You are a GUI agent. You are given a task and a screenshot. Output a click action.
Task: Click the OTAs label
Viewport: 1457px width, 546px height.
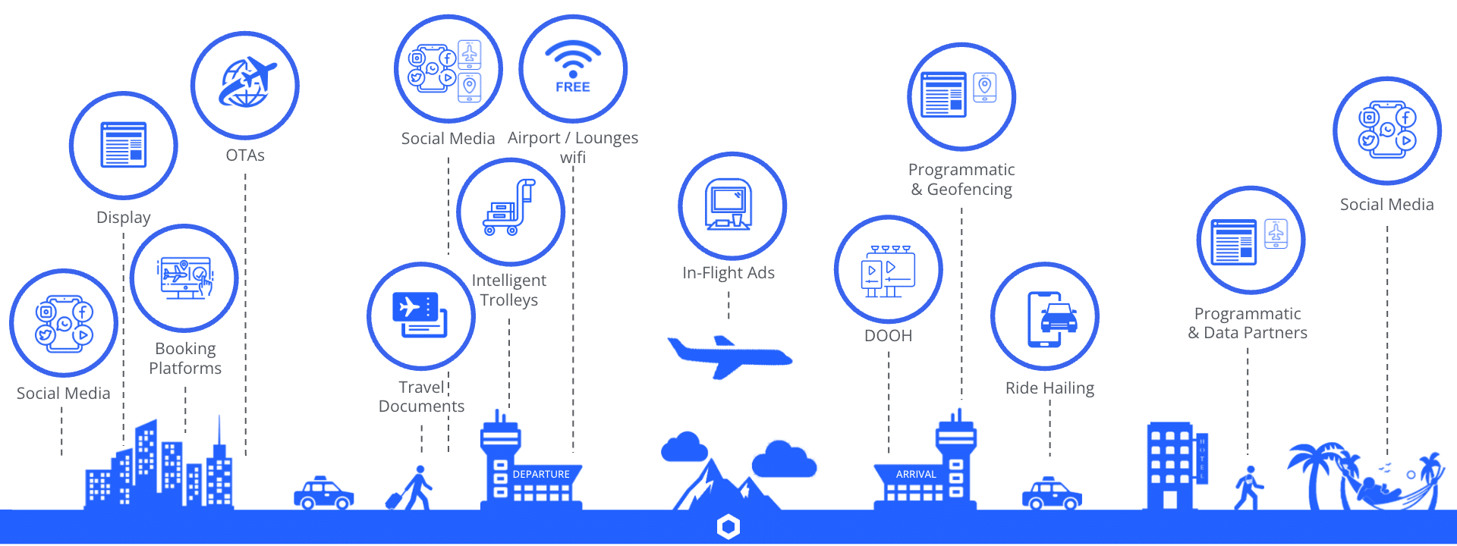[x=245, y=155]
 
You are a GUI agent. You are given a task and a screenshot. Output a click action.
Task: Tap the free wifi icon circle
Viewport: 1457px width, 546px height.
[x=573, y=68]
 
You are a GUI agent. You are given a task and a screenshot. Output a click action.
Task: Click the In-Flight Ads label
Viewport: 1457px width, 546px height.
[x=728, y=273]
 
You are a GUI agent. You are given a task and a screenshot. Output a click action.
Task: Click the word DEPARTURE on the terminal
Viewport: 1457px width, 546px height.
[x=541, y=474]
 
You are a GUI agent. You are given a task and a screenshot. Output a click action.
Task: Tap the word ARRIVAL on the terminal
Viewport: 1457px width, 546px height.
[x=916, y=474]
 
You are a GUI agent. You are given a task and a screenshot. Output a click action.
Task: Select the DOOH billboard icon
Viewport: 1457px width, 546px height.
[x=888, y=270]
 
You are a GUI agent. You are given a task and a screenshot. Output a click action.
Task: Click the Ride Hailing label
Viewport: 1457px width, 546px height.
[x=1049, y=388]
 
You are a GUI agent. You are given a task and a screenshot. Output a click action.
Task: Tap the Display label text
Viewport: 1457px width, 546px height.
[x=124, y=218]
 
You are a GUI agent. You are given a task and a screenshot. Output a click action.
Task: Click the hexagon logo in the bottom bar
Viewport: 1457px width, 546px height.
[x=728, y=527]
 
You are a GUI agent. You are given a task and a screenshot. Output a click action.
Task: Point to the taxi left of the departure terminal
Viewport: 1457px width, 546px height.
[x=324, y=493]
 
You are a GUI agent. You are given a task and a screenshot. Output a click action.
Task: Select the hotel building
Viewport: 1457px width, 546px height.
[x=1175, y=466]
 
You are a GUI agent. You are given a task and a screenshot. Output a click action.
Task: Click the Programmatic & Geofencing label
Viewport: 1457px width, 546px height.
[x=961, y=180]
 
